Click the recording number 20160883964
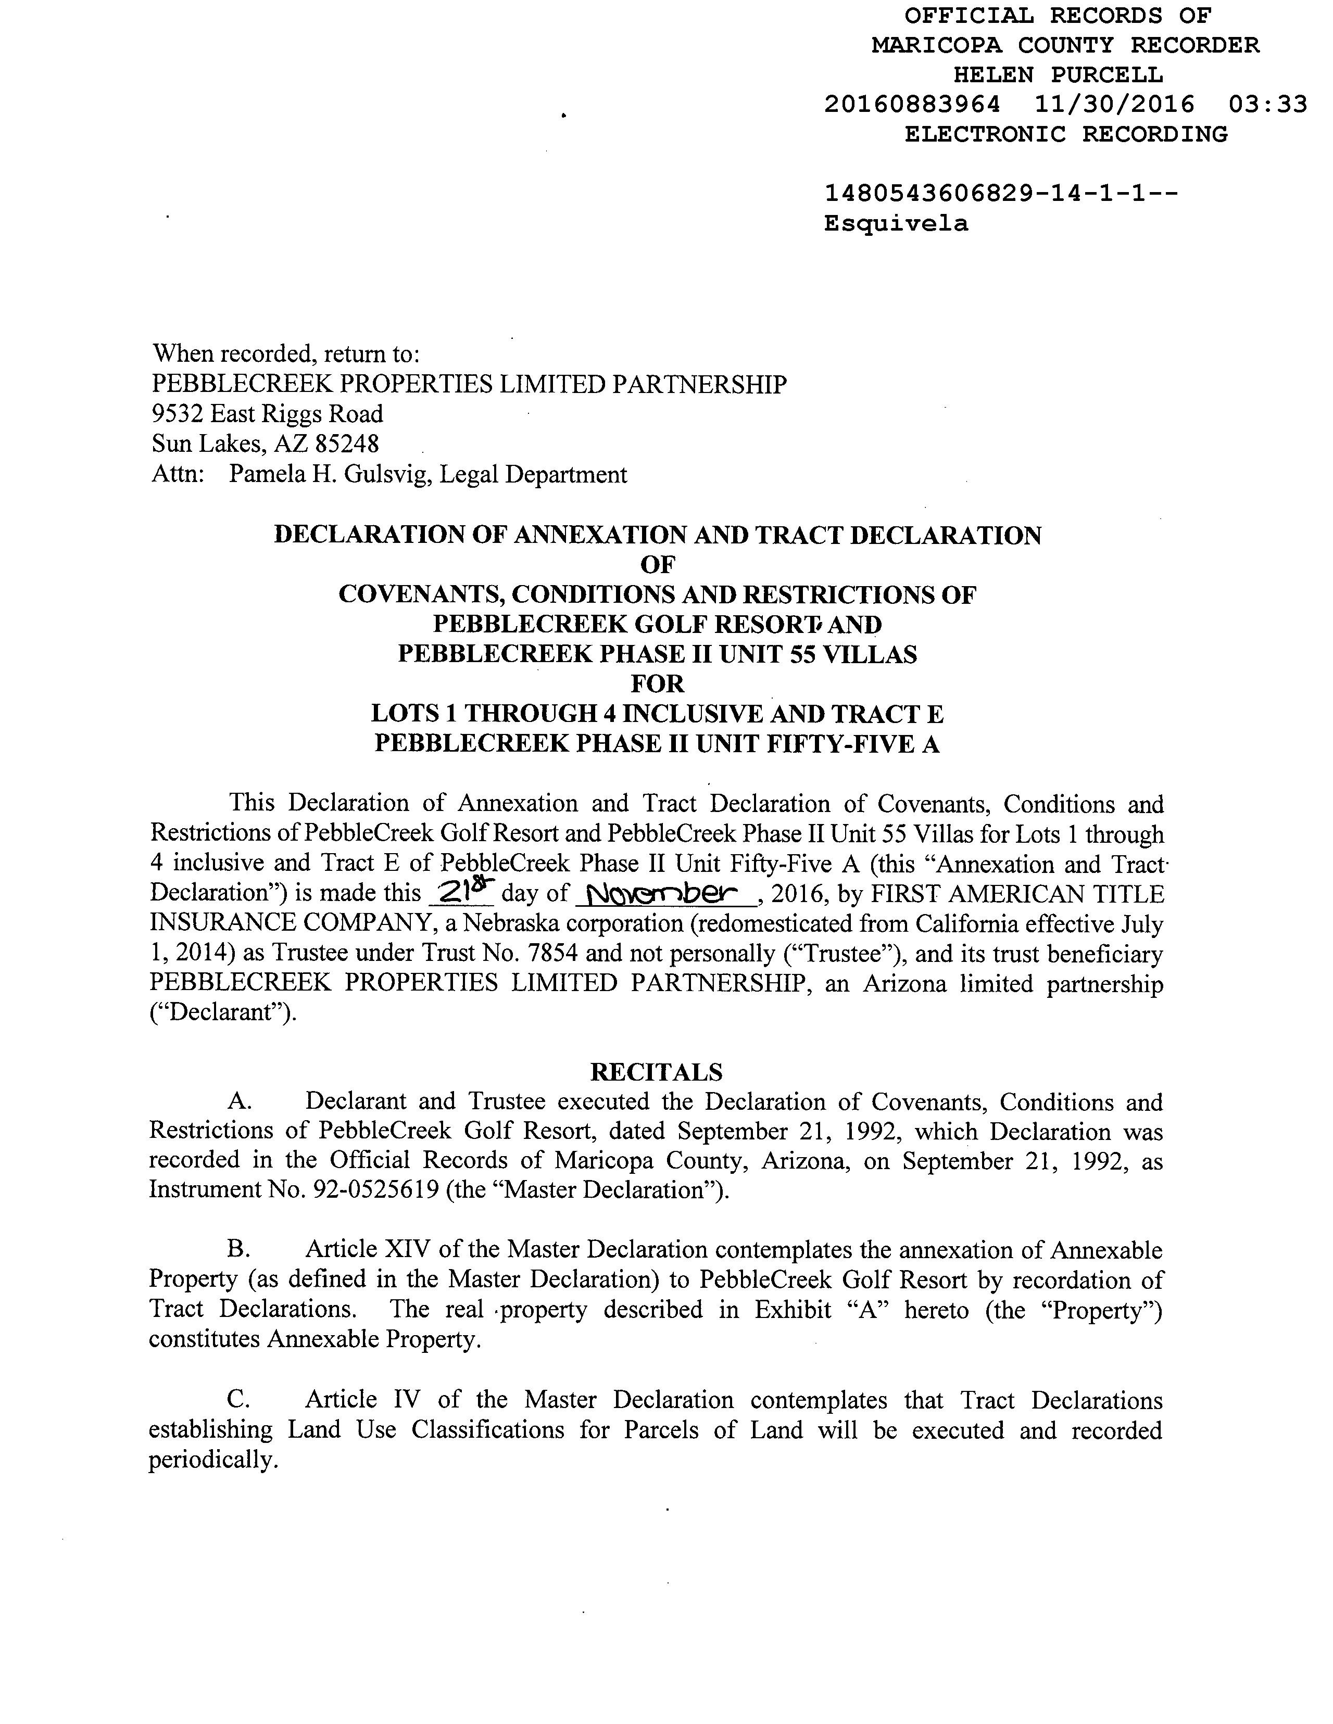[912, 104]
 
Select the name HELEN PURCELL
[1058, 75]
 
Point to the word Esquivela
[896, 224]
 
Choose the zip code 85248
[347, 443]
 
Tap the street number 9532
[178, 414]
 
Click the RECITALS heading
[656, 1072]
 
